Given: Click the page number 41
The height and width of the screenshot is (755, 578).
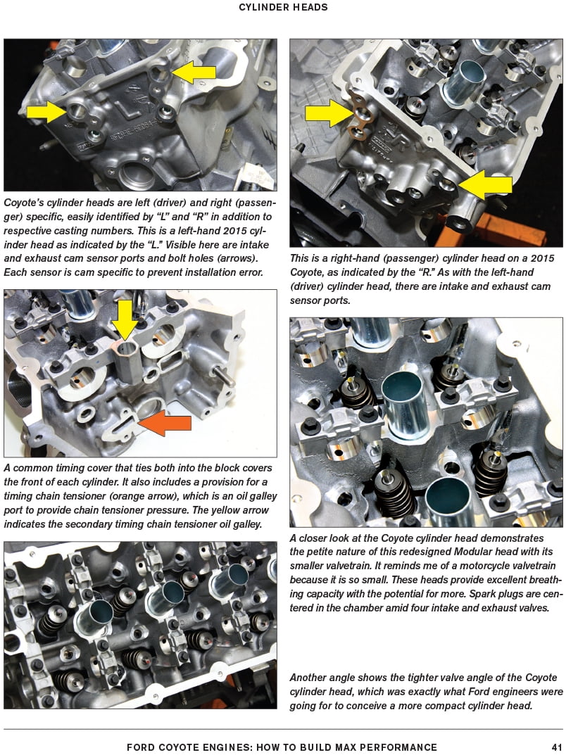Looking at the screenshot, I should coord(556,747).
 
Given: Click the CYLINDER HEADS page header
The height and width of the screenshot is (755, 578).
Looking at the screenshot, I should coord(283,8).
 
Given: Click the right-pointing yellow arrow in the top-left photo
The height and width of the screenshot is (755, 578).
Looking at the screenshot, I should coord(46,110).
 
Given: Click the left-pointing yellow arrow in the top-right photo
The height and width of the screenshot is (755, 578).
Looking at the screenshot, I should coord(486,185).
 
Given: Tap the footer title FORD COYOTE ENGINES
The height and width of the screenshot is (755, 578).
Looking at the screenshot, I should coord(282,747).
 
